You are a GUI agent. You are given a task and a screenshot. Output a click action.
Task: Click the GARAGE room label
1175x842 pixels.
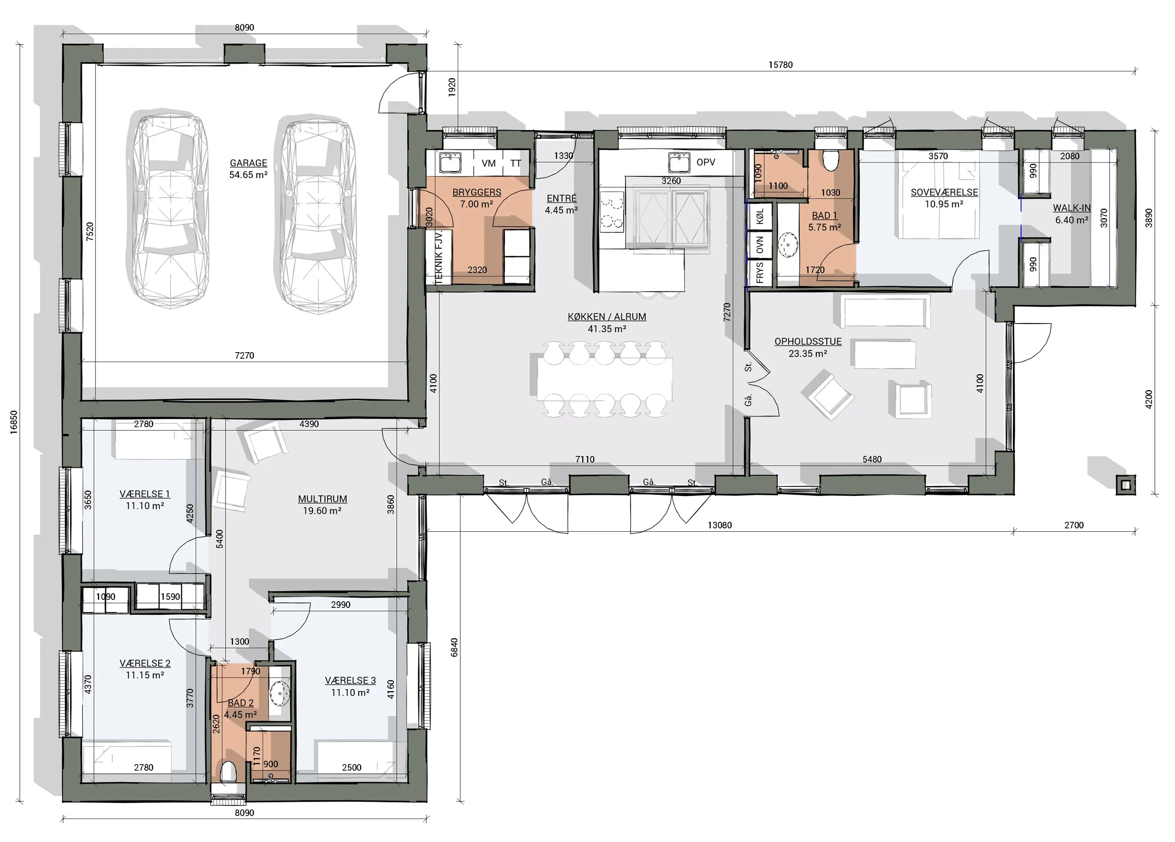click(249, 163)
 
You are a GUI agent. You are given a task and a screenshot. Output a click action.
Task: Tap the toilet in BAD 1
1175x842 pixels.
click(831, 161)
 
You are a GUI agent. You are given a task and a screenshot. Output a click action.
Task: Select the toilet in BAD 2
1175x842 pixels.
click(228, 772)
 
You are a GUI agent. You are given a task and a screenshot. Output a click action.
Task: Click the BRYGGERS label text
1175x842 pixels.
click(477, 192)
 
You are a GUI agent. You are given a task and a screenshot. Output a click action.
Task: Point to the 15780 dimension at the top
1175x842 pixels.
click(780, 65)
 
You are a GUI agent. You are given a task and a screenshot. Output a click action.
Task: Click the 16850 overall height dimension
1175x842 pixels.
click(14, 422)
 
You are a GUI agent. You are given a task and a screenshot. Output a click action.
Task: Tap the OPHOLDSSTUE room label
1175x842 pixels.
click(807, 341)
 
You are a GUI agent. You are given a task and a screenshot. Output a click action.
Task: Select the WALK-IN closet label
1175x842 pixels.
click(1072, 208)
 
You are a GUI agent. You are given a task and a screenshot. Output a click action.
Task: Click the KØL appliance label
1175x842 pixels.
click(760, 216)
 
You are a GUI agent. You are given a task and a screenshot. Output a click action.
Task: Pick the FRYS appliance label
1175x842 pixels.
click(760, 273)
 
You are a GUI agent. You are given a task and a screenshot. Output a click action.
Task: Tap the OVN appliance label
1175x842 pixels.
click(760, 244)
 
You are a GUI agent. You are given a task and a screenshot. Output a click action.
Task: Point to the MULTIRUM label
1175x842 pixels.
click(322, 499)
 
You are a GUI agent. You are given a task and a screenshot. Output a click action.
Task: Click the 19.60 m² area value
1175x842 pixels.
click(322, 511)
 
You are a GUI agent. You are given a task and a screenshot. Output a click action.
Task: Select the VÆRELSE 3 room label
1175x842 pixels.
click(350, 680)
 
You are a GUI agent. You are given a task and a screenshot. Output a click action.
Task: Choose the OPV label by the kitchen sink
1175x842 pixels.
click(705, 162)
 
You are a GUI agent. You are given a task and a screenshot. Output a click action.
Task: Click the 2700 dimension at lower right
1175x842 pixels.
click(1074, 525)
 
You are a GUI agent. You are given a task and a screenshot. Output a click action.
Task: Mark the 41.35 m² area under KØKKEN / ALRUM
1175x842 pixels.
click(607, 329)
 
